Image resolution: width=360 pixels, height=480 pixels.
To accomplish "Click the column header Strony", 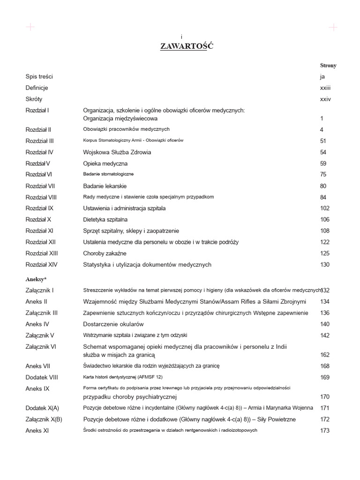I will [328, 66].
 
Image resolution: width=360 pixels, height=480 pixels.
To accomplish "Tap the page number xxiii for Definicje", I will [325, 88].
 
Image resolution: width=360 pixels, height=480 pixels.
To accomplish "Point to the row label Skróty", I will [34, 99].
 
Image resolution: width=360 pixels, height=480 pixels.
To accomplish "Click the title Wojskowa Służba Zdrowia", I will [117, 152].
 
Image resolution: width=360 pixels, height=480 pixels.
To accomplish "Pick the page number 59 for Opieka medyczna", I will [323, 164].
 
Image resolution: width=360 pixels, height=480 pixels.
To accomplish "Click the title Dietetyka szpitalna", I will [105, 219].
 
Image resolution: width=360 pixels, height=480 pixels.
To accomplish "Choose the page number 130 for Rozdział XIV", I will [324, 264].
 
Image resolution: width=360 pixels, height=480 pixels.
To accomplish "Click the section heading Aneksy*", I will [36, 279].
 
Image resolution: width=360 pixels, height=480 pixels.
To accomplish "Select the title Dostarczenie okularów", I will [113, 324].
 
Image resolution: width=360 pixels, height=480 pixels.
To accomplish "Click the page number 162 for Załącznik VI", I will [324, 355].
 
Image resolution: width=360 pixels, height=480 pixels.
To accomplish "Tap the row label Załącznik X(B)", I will [44, 419].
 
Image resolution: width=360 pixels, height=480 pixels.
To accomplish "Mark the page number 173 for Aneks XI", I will [324, 430].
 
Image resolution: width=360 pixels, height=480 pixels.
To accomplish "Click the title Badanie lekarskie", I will [105, 186].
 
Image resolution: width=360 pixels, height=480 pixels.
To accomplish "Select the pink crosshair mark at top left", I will [30, 27].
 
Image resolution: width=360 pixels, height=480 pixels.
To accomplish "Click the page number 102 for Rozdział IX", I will [324, 208].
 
